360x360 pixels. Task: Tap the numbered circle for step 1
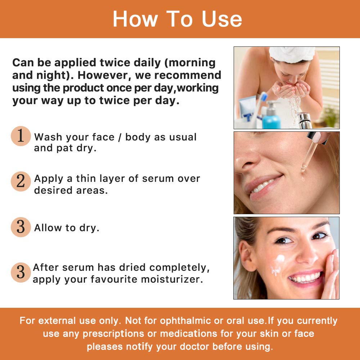pyautogui.click(x=21, y=136)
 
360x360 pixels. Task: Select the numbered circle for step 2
pyautogui.click(x=21, y=181)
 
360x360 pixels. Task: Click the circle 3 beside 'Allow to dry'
pyautogui.click(x=21, y=227)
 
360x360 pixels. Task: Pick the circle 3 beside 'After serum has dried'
pyautogui.click(x=21, y=273)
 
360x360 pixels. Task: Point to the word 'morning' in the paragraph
pyautogui.click(x=192, y=63)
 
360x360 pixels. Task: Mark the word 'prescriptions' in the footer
pyautogui.click(x=114, y=334)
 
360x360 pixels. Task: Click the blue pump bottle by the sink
pyautogui.click(x=271, y=116)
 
